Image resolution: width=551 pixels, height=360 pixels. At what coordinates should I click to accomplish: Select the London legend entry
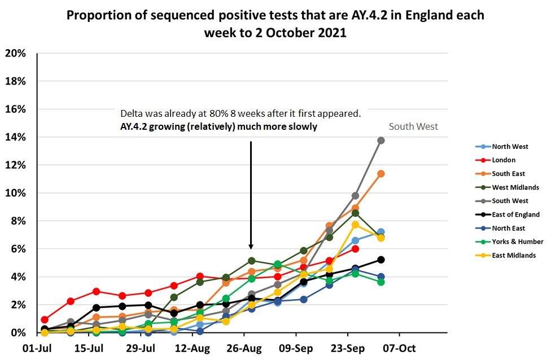pos(503,160)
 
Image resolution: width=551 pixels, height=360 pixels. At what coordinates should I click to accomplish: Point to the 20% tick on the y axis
pos(15,54)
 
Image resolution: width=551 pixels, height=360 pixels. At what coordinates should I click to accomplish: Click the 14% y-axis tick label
pos(15,137)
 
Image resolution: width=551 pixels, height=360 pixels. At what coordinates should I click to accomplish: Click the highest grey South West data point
pos(381,140)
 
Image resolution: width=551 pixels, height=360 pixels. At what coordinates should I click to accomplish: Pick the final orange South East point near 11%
pos(381,174)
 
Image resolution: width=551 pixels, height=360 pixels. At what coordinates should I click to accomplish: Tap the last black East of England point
pos(381,260)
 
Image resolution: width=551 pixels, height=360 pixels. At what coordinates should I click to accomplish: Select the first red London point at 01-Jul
pos(45,319)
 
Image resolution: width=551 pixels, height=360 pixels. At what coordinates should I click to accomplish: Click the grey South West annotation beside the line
pos(413,127)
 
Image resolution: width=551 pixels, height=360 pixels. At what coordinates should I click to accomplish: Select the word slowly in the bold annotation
pos(304,127)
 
